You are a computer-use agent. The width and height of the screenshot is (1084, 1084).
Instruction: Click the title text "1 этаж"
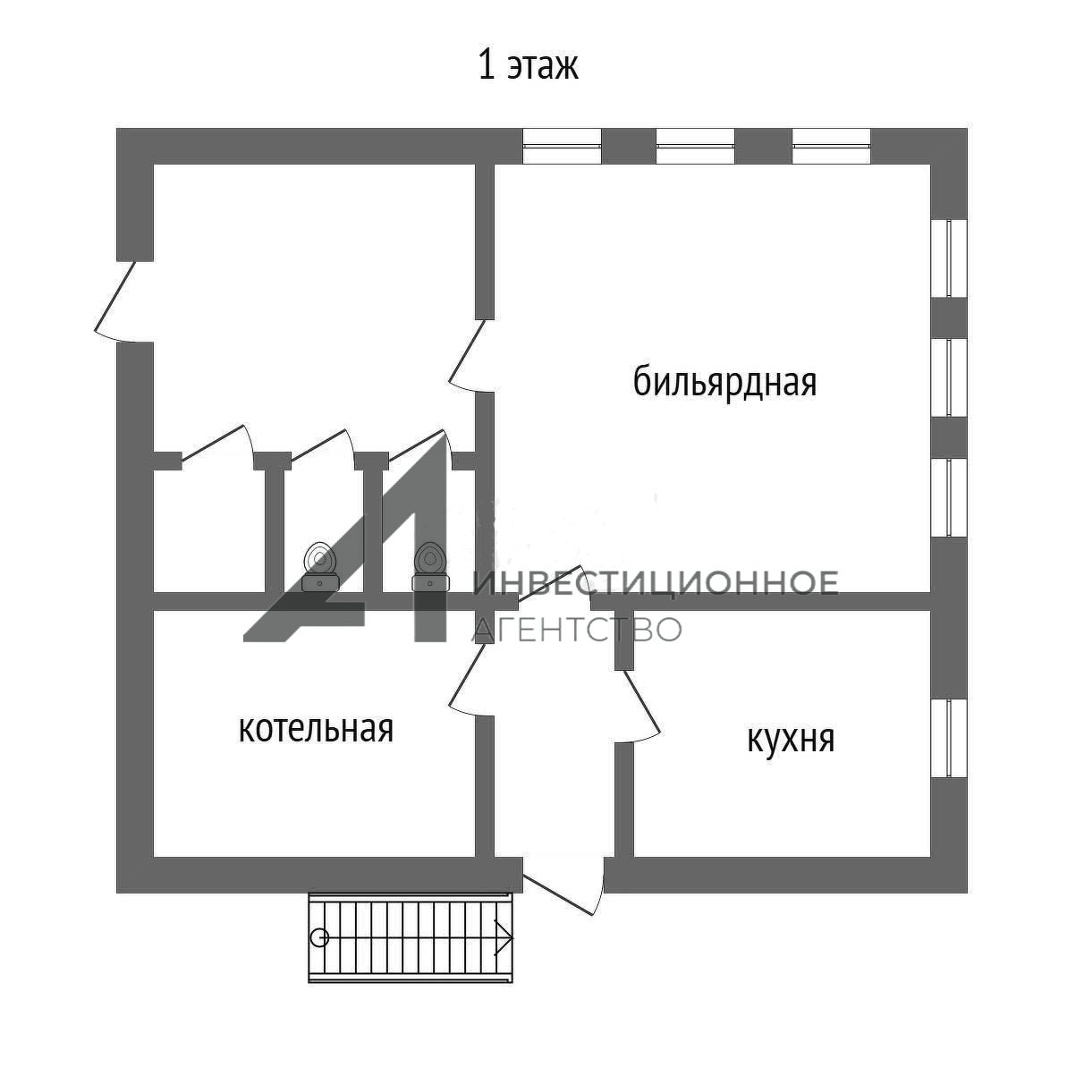pos(528,66)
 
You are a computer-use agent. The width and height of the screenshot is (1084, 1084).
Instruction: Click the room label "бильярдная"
pos(724,383)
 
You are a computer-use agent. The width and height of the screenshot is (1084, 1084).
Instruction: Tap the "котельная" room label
pos(316,728)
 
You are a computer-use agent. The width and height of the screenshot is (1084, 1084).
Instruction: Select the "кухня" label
pos(791,740)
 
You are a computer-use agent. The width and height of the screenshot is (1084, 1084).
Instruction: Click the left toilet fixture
pos(319,566)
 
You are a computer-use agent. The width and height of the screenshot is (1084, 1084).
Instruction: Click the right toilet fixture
pos(429,566)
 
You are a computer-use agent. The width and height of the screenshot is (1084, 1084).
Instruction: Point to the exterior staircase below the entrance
pos(411,937)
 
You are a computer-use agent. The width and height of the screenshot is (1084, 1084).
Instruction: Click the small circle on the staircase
pos(319,937)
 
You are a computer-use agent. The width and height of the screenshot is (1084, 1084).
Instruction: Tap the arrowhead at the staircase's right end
pos(504,937)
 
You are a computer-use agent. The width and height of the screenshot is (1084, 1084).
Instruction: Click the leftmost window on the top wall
pos(562,147)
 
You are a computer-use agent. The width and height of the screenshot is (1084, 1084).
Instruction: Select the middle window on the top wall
pos(695,147)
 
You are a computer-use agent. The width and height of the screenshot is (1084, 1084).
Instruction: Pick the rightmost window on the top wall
pos(831,147)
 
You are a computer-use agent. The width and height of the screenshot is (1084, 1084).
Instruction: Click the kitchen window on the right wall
pos(949,739)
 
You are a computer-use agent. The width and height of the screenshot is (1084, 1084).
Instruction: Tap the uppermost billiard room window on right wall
pos(949,258)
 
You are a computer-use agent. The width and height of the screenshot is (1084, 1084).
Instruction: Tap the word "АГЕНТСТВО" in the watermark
pos(577,629)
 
